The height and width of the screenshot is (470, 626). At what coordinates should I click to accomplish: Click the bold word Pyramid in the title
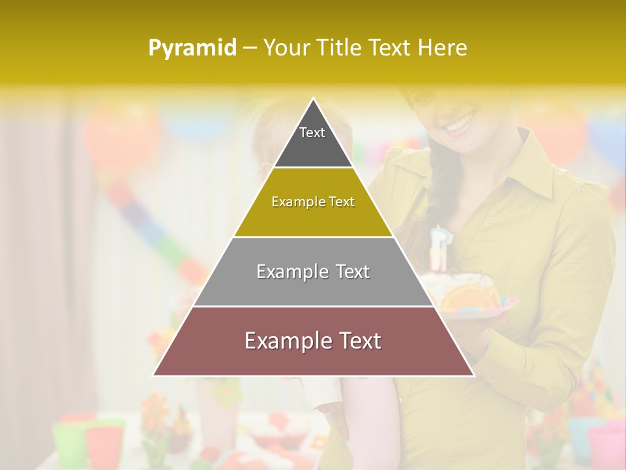point(192,48)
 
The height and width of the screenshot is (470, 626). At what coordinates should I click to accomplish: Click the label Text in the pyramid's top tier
point(312,133)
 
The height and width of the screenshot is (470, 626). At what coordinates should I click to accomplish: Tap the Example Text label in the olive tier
point(313,202)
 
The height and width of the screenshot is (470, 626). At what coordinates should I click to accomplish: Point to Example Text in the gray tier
point(313,272)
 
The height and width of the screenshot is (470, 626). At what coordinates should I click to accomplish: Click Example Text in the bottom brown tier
point(313,341)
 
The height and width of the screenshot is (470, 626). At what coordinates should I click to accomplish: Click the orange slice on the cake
point(465,297)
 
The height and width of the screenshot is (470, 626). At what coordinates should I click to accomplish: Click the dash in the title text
point(250,48)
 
